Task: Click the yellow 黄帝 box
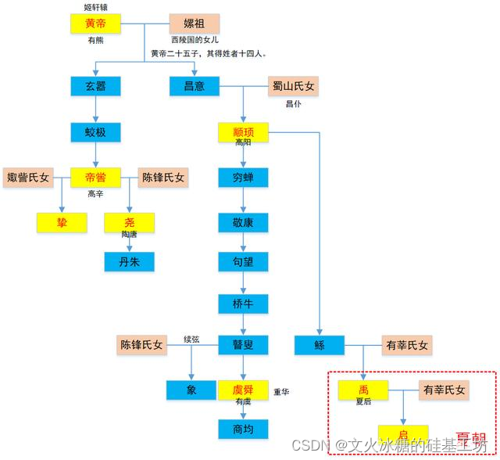(x=95, y=23)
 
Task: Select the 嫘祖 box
(x=195, y=23)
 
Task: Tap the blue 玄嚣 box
(x=95, y=85)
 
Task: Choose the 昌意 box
(x=195, y=85)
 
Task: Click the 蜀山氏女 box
(x=294, y=85)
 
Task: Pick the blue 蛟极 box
(x=95, y=131)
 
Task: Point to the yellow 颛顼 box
(x=244, y=131)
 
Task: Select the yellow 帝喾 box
(x=95, y=178)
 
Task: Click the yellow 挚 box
(x=62, y=223)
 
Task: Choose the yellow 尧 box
(x=130, y=223)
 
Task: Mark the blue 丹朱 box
(x=130, y=261)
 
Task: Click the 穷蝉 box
(x=244, y=177)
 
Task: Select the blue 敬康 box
(x=244, y=222)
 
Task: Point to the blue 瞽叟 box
(x=244, y=344)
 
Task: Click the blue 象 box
(x=192, y=390)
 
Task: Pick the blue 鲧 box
(x=320, y=344)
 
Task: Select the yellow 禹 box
(x=363, y=390)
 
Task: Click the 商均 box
(x=244, y=428)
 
